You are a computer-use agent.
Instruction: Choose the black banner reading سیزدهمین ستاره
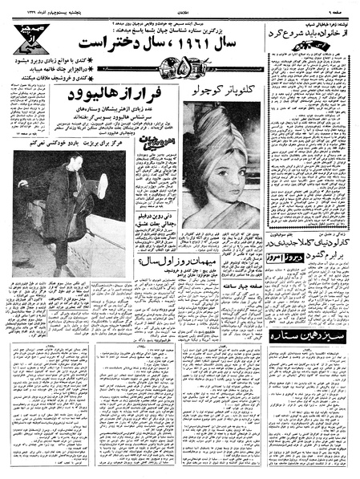309,338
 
